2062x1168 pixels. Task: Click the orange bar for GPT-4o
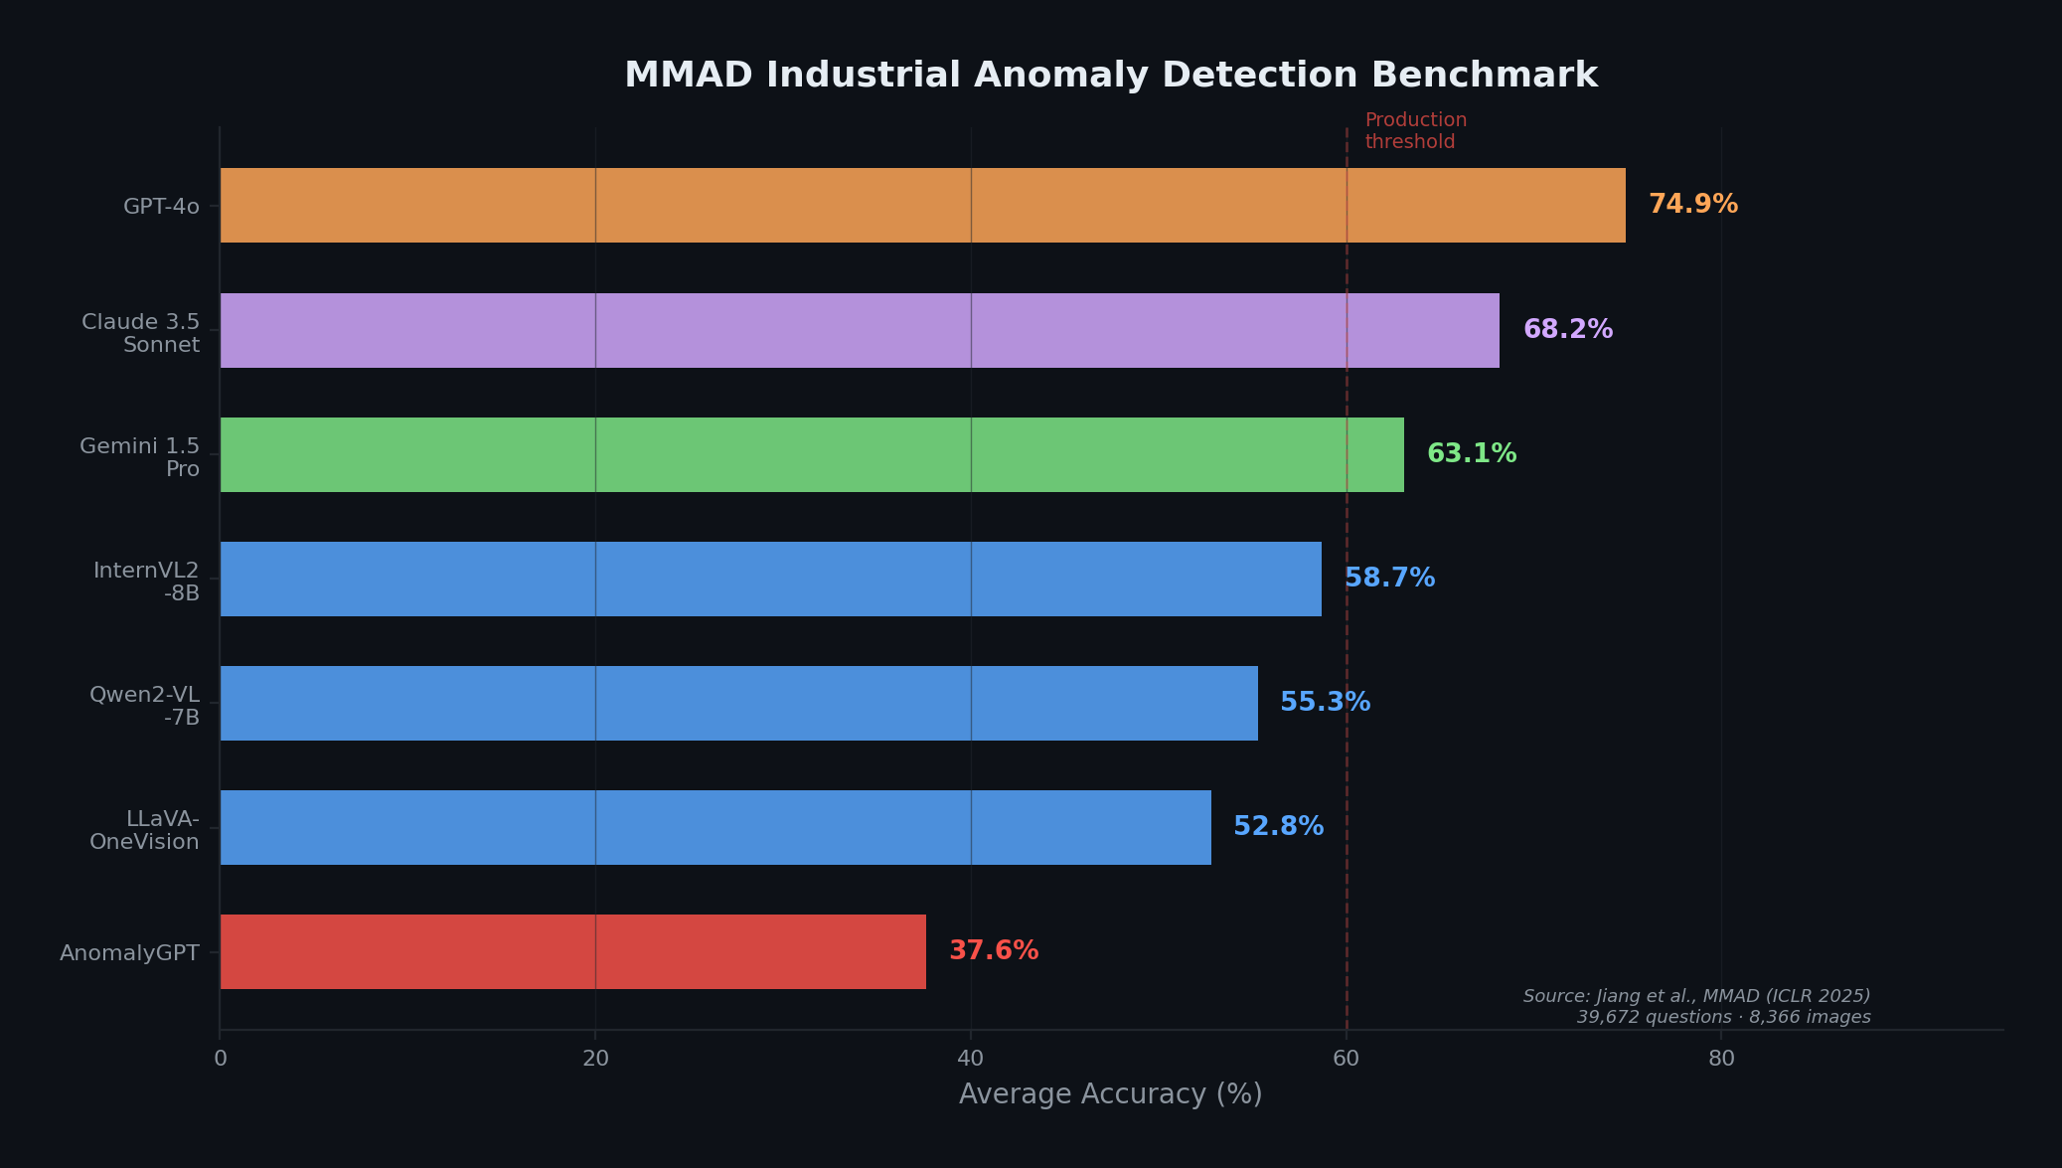(922, 205)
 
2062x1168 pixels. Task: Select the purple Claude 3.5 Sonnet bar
(860, 330)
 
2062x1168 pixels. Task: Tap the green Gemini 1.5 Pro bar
(812, 454)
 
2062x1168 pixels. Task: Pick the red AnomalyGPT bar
(572, 951)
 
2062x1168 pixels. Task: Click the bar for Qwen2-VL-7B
(738, 703)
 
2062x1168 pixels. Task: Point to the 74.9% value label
(1692, 205)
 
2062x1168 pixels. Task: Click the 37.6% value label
(993, 951)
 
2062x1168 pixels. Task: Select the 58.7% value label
(1389, 579)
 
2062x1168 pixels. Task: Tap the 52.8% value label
(1278, 827)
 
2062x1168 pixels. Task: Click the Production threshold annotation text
(1415, 131)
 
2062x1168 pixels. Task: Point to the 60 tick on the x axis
(1346, 1059)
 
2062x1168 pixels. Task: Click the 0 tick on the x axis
(221, 1059)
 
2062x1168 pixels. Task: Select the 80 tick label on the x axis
(1721, 1059)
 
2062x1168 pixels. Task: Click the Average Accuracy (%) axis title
(1110, 1094)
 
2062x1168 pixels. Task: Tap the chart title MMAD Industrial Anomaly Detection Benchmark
(1110, 76)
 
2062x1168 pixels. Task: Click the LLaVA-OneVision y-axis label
(145, 830)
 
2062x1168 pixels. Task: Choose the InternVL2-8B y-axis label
(147, 582)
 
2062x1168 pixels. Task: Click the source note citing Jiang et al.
(1696, 1006)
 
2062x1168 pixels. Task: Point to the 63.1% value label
(1471, 454)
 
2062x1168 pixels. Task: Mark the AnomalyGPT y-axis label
(129, 953)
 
